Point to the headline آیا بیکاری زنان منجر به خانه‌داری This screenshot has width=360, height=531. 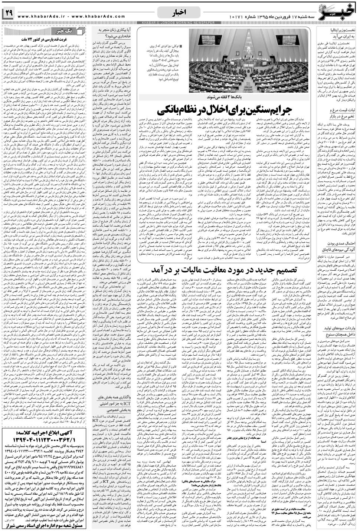(x=112, y=33)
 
